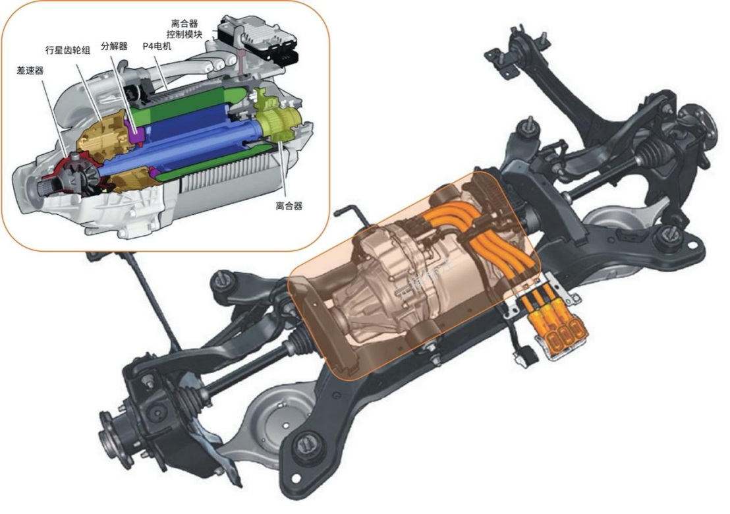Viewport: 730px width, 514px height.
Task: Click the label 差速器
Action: [x=30, y=71]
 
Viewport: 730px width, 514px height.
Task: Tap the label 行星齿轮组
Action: [x=67, y=50]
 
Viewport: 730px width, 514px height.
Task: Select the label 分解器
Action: [x=114, y=46]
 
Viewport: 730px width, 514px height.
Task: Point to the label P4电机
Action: [x=157, y=46]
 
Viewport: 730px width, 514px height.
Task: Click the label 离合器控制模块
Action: [x=184, y=29]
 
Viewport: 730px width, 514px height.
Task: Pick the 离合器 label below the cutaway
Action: [x=289, y=206]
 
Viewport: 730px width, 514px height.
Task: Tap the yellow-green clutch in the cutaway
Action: [x=274, y=121]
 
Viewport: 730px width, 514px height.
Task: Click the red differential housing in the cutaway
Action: [x=74, y=175]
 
